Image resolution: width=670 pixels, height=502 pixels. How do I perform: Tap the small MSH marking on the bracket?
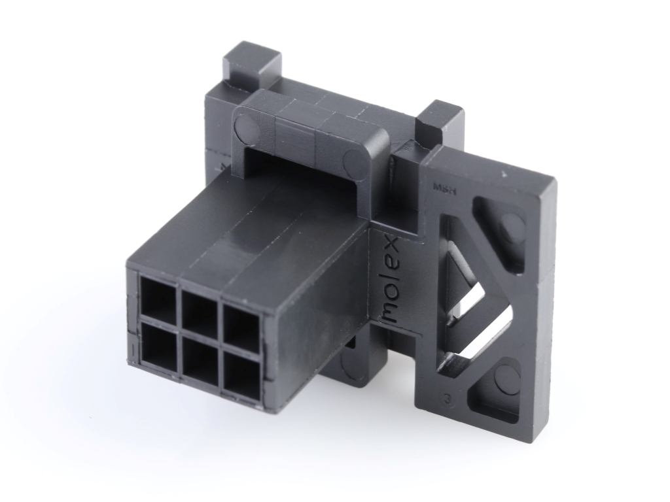point(445,187)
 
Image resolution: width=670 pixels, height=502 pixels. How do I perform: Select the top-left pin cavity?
point(158,302)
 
